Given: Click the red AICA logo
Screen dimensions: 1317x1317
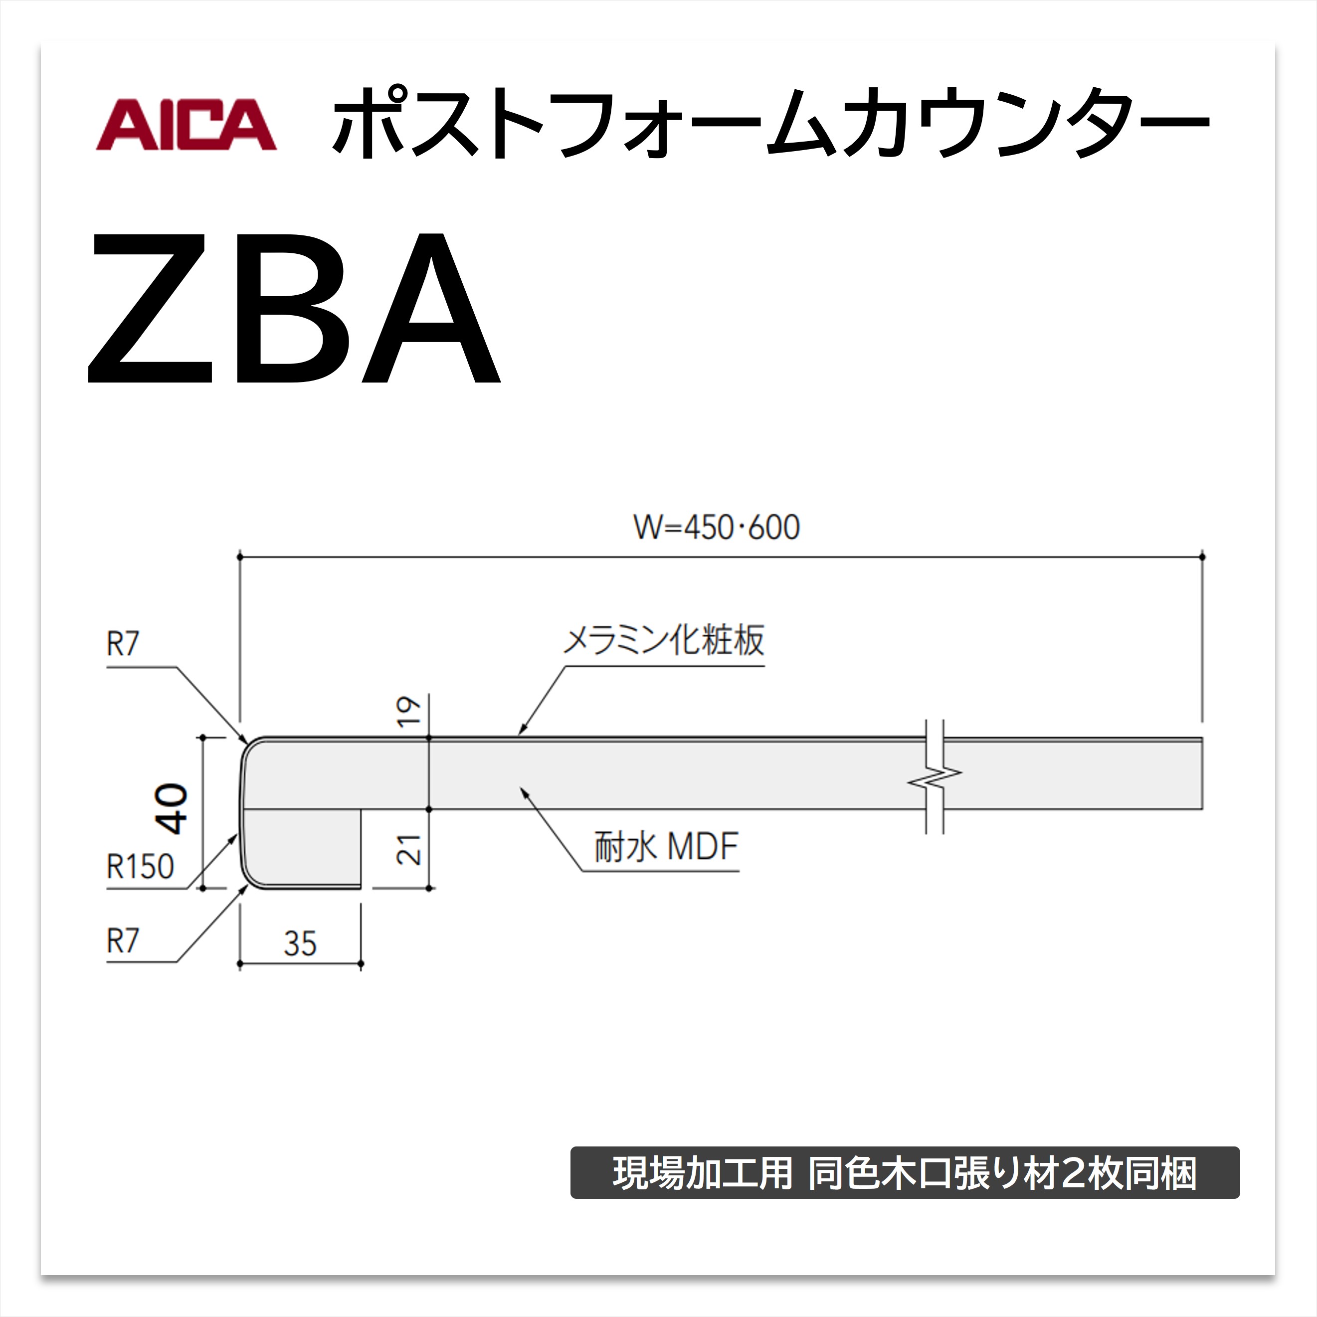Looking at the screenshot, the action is [x=186, y=124].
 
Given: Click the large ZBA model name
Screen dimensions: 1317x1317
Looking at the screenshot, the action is [x=295, y=308].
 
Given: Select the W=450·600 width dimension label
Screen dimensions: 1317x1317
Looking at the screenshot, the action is [x=717, y=528].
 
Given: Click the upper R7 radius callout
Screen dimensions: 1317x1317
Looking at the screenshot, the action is [x=123, y=643].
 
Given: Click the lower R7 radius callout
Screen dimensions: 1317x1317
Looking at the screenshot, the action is [x=123, y=941].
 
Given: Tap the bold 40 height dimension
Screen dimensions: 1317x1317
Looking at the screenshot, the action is [x=172, y=809].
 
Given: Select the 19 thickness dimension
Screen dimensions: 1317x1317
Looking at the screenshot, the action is [x=409, y=712].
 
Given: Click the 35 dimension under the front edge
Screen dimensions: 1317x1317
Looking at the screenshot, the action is [x=300, y=943].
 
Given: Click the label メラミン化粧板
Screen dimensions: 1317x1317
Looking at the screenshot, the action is [x=663, y=640].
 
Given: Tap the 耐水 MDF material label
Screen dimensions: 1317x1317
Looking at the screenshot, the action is [x=666, y=847].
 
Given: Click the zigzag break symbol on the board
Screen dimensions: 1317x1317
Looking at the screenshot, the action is [x=935, y=774].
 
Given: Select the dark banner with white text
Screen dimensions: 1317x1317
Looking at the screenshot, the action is [x=905, y=1172].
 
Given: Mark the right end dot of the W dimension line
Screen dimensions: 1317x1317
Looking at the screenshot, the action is [x=1202, y=557].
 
